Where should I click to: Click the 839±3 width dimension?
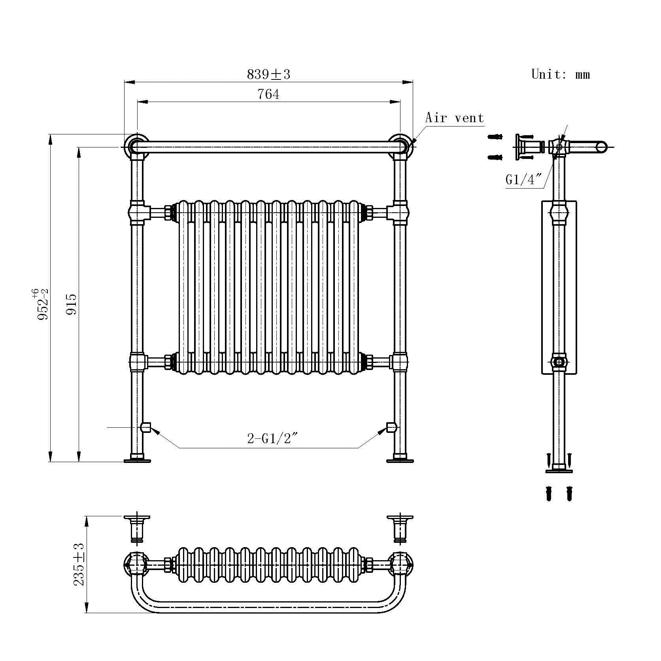pos(268,74)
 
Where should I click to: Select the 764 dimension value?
pos(268,94)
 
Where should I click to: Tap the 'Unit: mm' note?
pos(561,74)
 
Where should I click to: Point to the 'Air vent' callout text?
pos(454,118)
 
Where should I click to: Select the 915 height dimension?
pos(72,304)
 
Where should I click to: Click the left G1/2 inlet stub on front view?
pos(145,427)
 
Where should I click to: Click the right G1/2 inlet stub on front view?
pos(391,427)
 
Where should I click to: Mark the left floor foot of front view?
pos(137,460)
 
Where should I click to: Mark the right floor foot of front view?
pos(400,460)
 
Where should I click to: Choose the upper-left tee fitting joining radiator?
pos(137,212)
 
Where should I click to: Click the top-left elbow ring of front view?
pos(136,146)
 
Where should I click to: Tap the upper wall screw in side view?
pos(495,137)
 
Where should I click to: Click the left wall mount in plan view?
pos(137,528)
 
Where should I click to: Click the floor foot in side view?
pos(559,470)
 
